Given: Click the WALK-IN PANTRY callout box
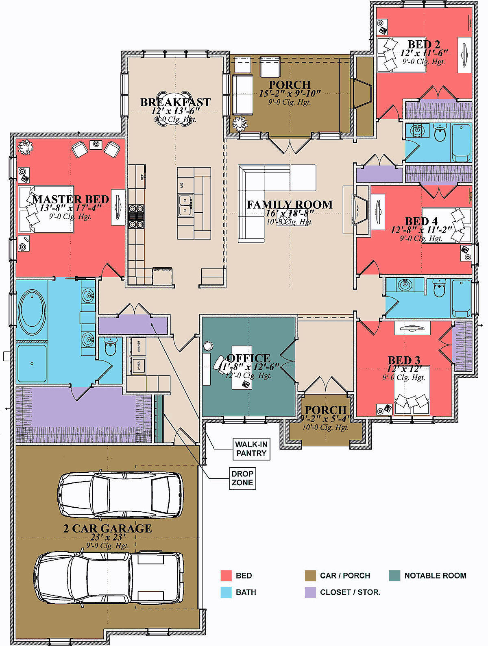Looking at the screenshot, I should coord(251,449).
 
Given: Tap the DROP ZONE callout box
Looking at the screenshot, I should coord(242,478).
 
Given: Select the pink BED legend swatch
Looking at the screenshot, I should coord(226,576).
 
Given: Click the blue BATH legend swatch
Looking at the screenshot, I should coord(226,592).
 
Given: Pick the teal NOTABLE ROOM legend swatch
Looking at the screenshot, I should coord(394,576).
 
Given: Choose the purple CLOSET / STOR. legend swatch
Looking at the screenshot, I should coord(310,592).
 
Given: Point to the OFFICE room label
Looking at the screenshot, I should coord(248,358).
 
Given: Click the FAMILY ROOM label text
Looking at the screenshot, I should coord(290,205).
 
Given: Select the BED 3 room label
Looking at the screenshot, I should coord(403,360).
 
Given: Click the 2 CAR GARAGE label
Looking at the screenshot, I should coord(107,528).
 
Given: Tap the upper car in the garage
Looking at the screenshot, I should coord(120,495).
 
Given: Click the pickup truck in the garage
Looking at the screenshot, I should coord(109,578).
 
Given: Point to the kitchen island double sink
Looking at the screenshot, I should coord(185,205).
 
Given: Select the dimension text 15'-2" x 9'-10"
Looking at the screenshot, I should coord(290,94).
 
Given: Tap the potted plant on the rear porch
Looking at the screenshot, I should coord(240,123).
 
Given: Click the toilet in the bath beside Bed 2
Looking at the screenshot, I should coord(440,133).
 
